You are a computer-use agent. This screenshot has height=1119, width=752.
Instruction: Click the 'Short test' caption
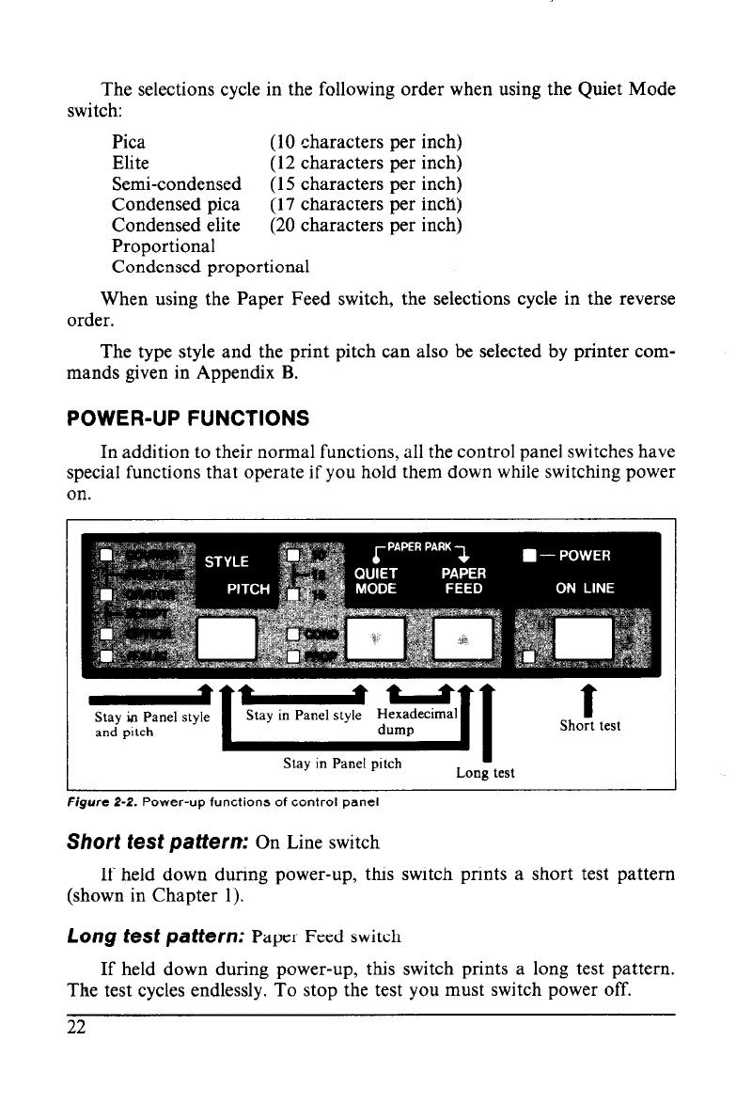coord(590,725)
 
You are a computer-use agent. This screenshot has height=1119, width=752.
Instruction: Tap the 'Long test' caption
coord(484,773)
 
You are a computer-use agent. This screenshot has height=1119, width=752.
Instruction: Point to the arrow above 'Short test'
coord(590,700)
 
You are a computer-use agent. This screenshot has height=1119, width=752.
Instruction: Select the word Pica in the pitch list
coord(129,143)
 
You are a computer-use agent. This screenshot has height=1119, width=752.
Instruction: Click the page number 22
coord(76,1027)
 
